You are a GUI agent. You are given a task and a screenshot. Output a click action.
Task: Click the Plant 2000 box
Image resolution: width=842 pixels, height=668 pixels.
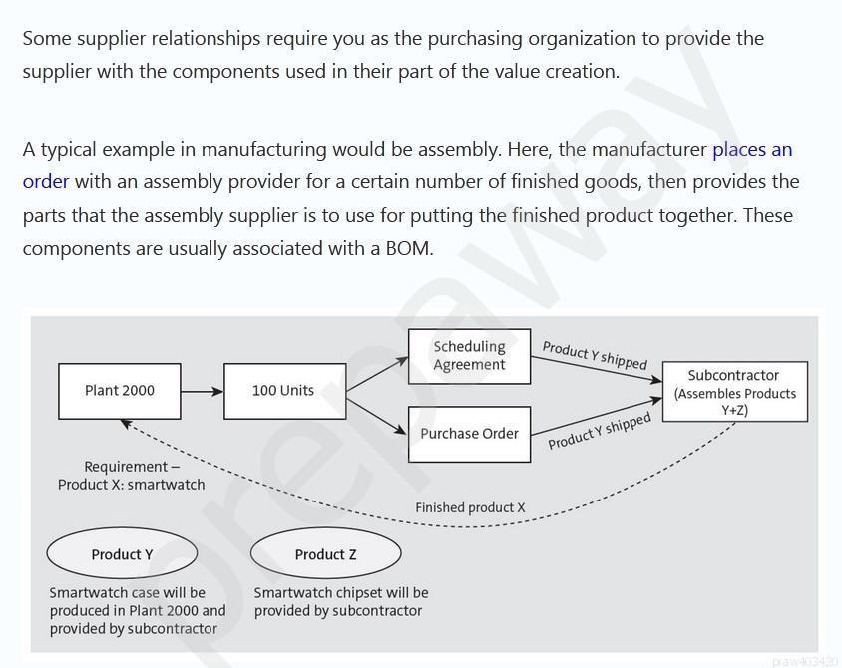[x=120, y=391]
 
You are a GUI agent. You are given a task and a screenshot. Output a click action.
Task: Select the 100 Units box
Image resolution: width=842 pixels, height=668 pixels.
[x=283, y=391]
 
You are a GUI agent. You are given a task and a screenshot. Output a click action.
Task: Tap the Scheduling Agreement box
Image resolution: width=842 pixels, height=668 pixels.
[x=469, y=356]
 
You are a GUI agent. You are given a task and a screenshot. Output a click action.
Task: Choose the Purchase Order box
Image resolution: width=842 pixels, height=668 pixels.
[x=469, y=434]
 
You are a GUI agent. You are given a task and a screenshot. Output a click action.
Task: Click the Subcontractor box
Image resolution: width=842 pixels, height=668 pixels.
[x=734, y=392]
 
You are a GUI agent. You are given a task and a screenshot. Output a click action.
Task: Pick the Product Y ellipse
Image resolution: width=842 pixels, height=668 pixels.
[x=122, y=554]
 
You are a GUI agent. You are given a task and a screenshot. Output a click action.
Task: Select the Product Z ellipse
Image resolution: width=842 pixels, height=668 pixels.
[x=325, y=554]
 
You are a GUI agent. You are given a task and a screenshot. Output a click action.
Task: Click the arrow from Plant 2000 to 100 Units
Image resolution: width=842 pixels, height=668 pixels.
[x=203, y=391]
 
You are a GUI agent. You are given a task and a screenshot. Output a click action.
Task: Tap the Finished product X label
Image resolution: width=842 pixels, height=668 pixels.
[x=470, y=507]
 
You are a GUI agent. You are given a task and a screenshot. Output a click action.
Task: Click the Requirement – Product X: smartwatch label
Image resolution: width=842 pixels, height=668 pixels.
[x=131, y=476]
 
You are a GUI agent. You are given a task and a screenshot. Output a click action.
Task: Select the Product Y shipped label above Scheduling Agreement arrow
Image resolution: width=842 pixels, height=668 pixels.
[x=595, y=355]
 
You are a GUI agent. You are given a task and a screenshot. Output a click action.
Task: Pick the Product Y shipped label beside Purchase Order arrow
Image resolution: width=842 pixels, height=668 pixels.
[x=599, y=431]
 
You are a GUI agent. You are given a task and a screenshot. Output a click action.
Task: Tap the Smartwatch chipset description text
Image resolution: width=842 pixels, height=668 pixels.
[x=340, y=601]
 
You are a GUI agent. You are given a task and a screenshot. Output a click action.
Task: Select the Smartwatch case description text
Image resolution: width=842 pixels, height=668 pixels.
[x=138, y=610]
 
